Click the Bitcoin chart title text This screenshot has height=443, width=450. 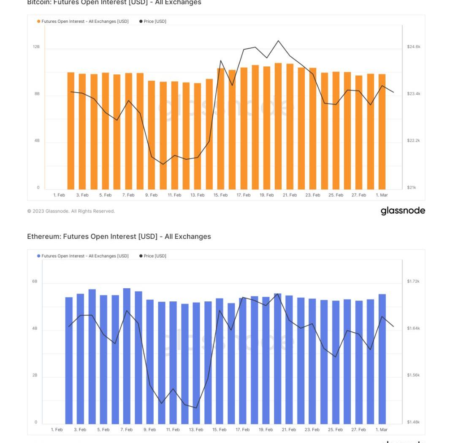[114, 3]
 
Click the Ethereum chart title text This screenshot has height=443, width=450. [119, 236]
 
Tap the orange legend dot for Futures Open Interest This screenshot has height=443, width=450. [39, 21]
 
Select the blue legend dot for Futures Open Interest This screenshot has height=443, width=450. [39, 256]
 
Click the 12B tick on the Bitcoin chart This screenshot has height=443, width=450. [36, 46]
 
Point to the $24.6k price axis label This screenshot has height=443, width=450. [413, 46]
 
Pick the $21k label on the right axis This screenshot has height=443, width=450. [411, 187]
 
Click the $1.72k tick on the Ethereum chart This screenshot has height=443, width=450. [413, 281]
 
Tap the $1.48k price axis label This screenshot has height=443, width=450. [413, 422]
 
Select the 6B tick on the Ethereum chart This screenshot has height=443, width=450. [35, 281]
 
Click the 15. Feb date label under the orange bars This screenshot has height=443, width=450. [220, 195]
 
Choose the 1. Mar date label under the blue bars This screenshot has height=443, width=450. [381, 429]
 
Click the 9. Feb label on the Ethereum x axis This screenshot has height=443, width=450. [149, 429]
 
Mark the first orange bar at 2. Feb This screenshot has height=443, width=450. [71, 131]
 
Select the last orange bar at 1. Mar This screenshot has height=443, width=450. [382, 132]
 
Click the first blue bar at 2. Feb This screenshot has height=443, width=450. [69, 360]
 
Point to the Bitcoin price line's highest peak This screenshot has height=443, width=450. [278, 41]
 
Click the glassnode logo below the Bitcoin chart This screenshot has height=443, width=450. [403, 211]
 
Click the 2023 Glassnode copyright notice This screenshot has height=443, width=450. [71, 211]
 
